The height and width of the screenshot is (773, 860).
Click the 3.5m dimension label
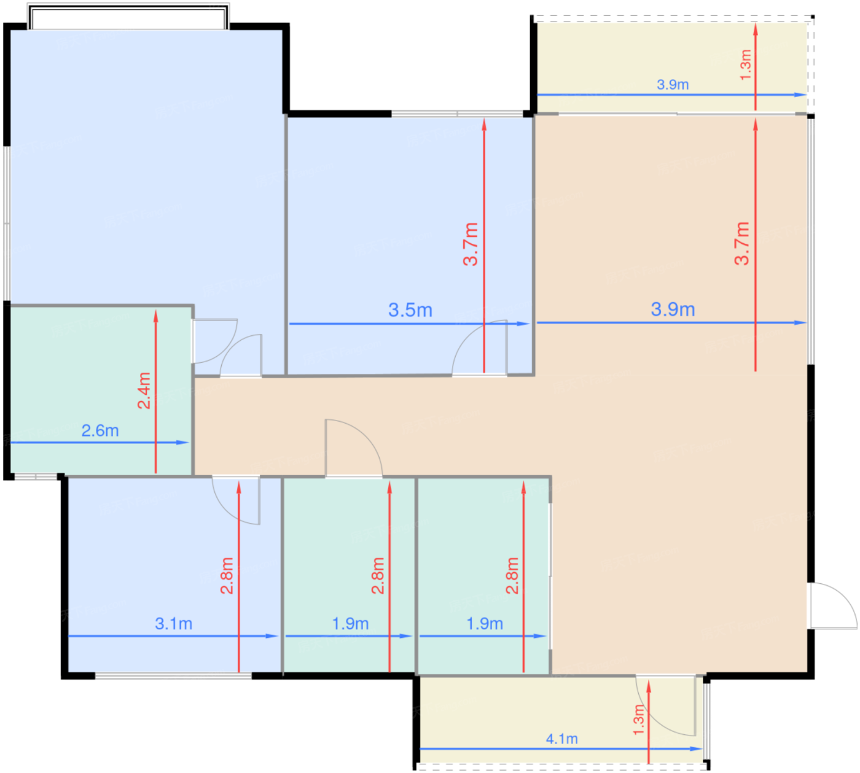pyautogui.click(x=410, y=310)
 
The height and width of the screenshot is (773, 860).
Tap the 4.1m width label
pyautogui.click(x=561, y=739)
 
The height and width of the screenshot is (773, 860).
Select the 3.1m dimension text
pyautogui.click(x=173, y=623)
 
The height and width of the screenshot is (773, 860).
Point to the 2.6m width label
pyautogui.click(x=100, y=430)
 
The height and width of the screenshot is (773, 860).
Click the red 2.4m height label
pyautogui.click(x=144, y=390)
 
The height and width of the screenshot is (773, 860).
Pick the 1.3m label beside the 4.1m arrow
pyautogui.click(x=638, y=720)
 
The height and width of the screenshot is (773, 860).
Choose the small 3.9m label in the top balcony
pyautogui.click(x=673, y=84)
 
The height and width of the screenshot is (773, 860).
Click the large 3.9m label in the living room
pyautogui.click(x=673, y=309)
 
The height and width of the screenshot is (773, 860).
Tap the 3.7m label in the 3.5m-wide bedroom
pyautogui.click(x=471, y=244)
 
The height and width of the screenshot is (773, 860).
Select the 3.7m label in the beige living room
pyautogui.click(x=741, y=243)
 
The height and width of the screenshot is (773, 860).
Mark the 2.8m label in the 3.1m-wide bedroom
pyautogui.click(x=227, y=575)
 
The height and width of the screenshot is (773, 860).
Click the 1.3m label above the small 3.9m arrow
pyautogui.click(x=746, y=64)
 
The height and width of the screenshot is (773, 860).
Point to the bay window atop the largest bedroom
pyautogui.click(x=128, y=17)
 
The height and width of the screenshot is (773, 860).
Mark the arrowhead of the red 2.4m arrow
pyautogui.click(x=155, y=316)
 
